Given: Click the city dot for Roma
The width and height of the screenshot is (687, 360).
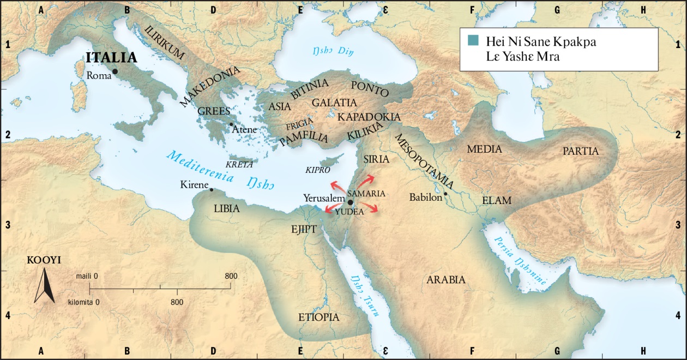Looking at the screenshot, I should click(115, 71).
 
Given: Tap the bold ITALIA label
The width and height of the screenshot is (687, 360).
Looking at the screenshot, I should click(110, 58).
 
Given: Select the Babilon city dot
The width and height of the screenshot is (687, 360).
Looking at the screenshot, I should click(445, 194).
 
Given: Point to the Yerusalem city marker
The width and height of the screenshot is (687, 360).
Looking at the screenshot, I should click(349, 201).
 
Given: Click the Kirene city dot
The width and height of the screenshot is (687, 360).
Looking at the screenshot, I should click(211, 190).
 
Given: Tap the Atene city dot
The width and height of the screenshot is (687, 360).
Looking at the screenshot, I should click(231, 124).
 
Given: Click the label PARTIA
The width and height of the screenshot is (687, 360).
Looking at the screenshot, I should click(581, 151).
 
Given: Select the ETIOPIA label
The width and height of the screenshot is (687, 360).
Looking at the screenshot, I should click(319, 317).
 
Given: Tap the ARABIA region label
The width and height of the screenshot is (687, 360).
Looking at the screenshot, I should click(446, 280).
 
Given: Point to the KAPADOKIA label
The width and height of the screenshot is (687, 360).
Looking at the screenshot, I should click(369, 117).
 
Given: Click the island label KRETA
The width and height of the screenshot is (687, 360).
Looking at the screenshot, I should click(239, 164).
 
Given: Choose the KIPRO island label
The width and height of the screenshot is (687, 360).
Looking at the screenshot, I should click(318, 170).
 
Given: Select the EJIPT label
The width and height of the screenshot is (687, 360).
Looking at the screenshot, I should click(304, 229).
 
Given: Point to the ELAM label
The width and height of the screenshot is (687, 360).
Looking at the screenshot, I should click(497, 201).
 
